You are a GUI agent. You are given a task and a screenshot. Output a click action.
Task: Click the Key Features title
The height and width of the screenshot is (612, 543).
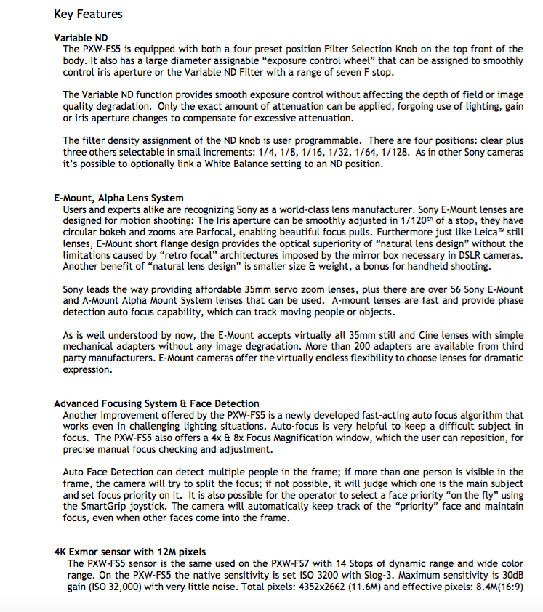[88, 14]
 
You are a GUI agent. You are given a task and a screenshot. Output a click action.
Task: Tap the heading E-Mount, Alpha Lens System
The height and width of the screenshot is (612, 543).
[118, 198]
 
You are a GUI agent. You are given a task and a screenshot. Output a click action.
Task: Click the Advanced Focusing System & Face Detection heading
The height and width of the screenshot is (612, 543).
[156, 403]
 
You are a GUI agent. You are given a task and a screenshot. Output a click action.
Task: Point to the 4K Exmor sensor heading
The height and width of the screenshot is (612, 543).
[130, 552]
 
